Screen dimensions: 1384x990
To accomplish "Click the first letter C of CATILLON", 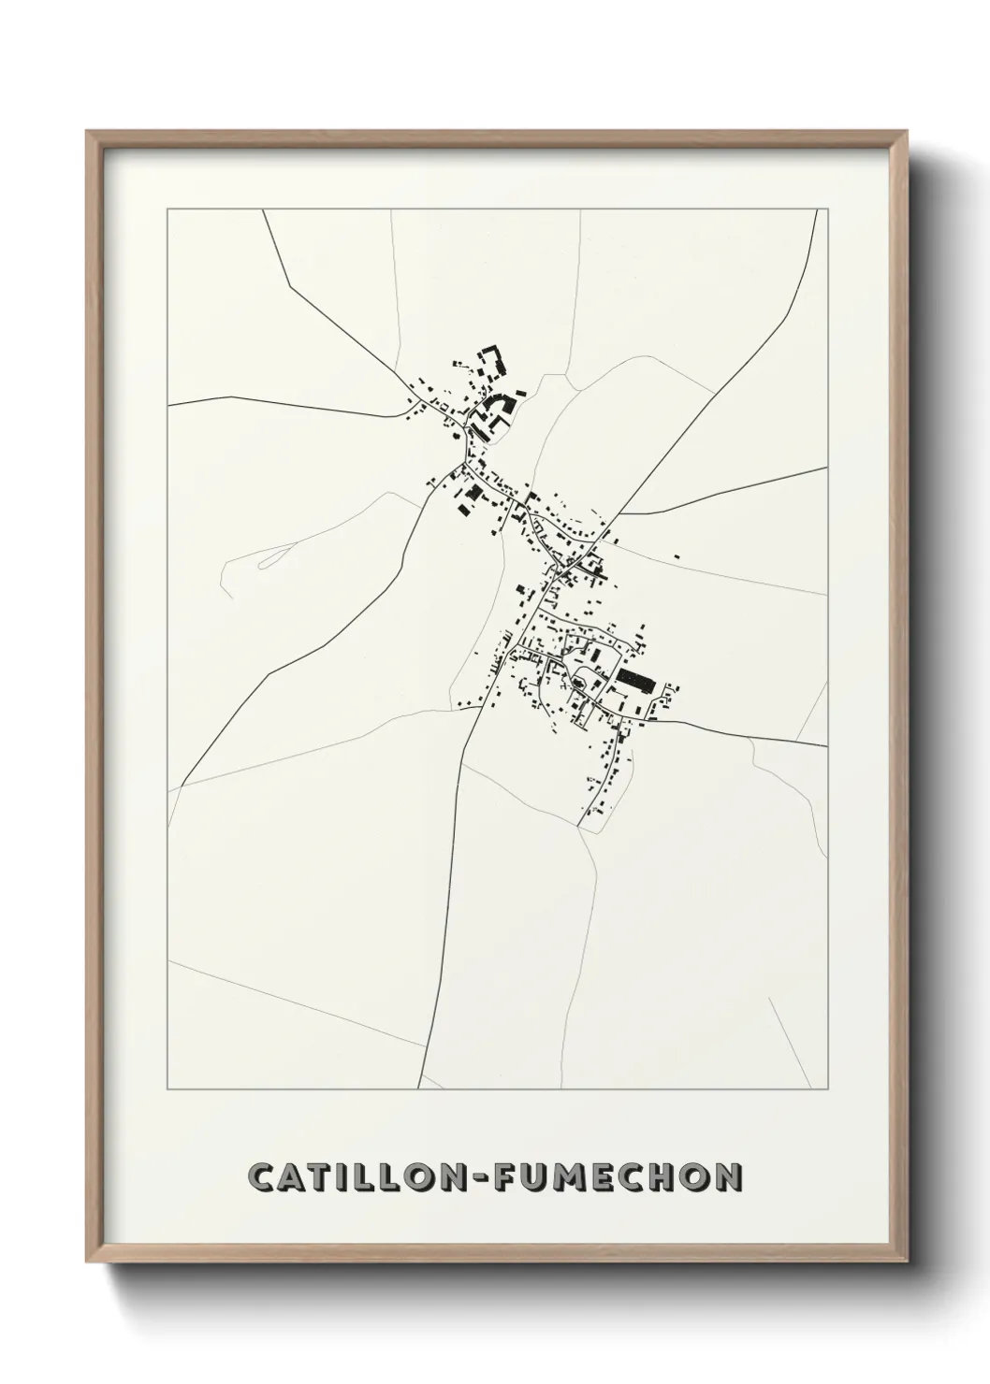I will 263,1178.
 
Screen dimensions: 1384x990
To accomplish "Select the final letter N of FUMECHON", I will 730,1178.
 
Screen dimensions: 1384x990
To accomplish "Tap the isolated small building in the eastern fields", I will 677,557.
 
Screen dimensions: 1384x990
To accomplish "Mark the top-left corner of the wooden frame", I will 88,132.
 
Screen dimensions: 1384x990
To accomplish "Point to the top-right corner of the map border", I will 829,209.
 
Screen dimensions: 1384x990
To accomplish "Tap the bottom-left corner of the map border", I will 167,1089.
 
